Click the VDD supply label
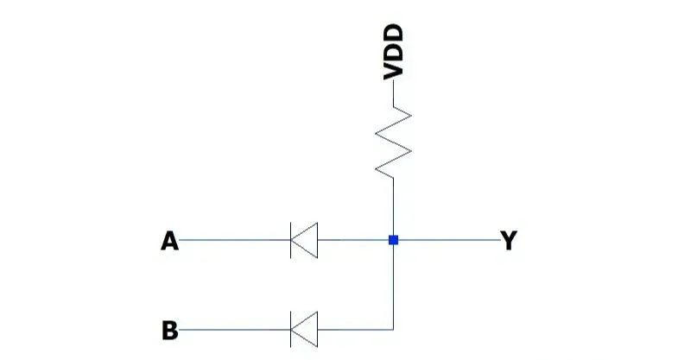point(393,52)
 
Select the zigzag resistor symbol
point(394,142)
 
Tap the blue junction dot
point(393,240)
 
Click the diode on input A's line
point(303,240)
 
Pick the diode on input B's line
point(303,329)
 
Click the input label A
point(170,241)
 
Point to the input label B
point(170,330)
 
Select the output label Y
point(509,241)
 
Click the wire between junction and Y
point(449,240)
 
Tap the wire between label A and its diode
point(233,240)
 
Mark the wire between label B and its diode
point(233,329)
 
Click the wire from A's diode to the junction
point(354,240)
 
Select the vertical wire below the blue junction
point(393,285)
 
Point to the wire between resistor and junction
point(393,207)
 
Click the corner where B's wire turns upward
point(393,329)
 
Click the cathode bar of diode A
point(291,240)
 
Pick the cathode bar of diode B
point(291,329)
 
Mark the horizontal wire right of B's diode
point(354,329)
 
